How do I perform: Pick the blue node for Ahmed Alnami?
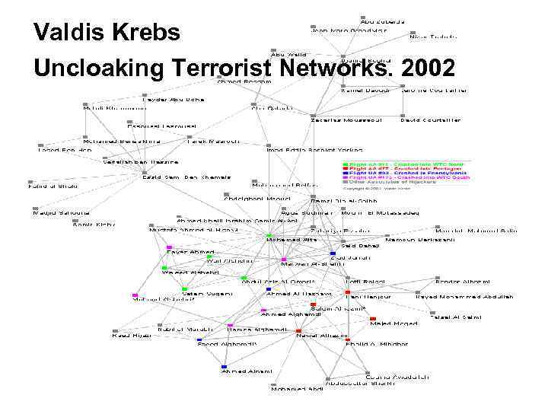pos(224,366)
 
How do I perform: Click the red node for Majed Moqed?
pos(372,318)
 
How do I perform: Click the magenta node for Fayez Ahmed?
pos(169,247)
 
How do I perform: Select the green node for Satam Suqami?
pos(185,288)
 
